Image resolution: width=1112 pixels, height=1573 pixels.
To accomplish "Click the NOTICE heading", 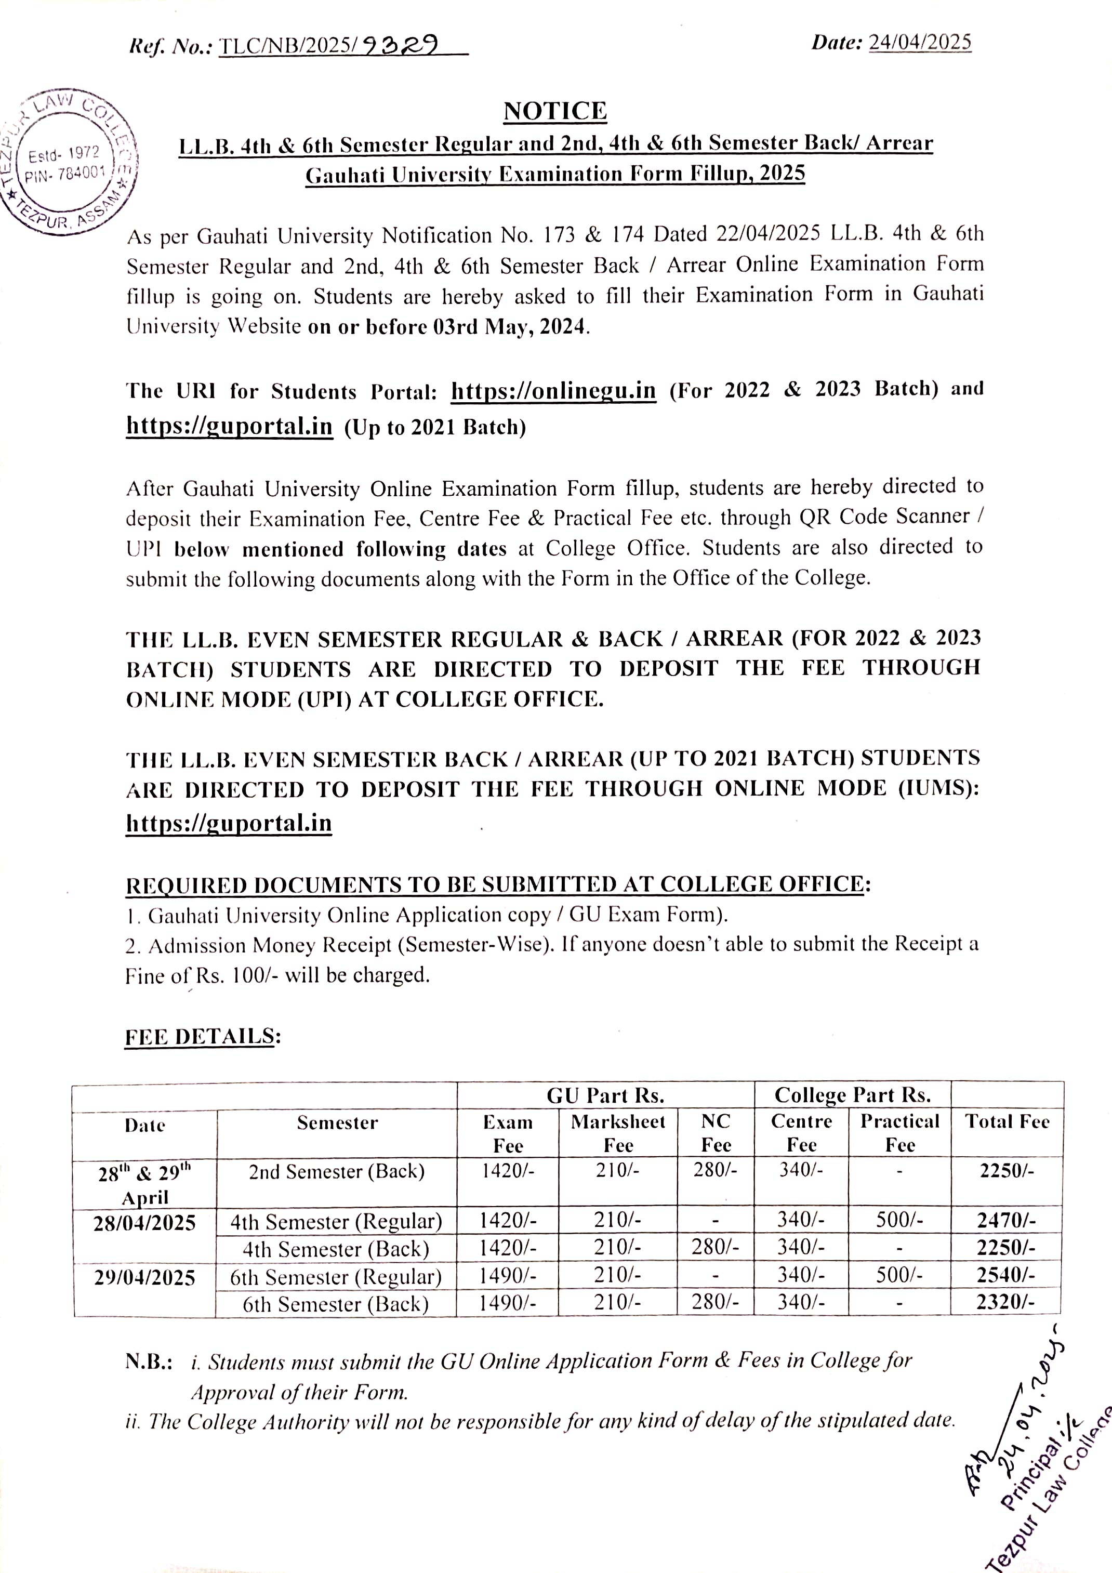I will [555, 111].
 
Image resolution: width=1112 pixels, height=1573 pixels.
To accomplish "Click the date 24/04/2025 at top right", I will [919, 43].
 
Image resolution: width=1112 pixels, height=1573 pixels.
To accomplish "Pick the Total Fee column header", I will [1007, 1121].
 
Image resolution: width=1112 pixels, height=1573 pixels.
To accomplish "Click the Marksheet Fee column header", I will [618, 1133].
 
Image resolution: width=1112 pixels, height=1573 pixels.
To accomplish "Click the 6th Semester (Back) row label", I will [336, 1304].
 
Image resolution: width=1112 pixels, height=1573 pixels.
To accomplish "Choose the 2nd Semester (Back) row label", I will [336, 1171].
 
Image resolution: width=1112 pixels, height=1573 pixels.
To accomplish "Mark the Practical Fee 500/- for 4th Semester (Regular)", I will [899, 1220].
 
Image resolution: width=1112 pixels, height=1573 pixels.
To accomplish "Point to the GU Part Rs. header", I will [605, 1095].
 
